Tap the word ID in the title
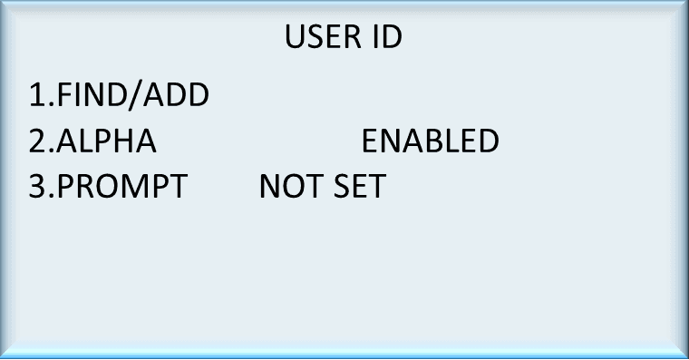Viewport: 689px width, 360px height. pyautogui.click(x=385, y=37)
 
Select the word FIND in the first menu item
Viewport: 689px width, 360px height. pyautogui.click(x=89, y=94)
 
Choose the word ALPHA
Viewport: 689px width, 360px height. pyautogui.click(x=107, y=141)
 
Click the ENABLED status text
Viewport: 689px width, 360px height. pyautogui.click(x=430, y=141)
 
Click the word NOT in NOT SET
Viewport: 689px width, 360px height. pyautogui.click(x=285, y=187)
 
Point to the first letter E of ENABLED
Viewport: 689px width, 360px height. pyautogui.click(x=370, y=141)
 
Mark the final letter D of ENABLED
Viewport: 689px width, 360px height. pyautogui.click(x=488, y=141)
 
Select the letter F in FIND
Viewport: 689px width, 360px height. pyautogui.click(x=64, y=94)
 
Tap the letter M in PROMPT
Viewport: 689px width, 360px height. pyautogui.click(x=148, y=187)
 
